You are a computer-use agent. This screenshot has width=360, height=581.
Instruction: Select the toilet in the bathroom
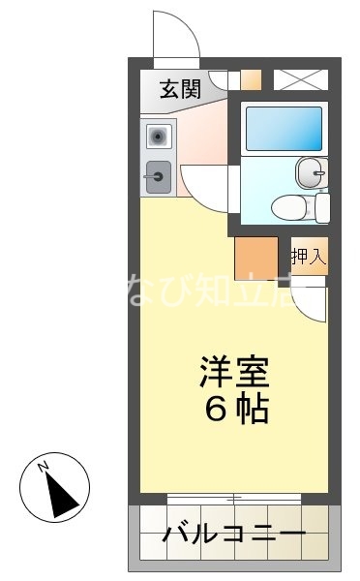[x=291, y=206]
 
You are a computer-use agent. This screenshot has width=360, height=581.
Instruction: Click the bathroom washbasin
[x=309, y=174]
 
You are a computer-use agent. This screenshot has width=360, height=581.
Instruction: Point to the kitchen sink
[x=158, y=175]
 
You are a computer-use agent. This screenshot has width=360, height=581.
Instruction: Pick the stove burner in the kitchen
[x=158, y=135]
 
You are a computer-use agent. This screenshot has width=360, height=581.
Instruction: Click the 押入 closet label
[x=309, y=257]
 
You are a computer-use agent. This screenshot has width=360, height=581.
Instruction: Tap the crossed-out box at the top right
[x=299, y=79]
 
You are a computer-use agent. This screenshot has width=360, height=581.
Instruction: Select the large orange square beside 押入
[x=256, y=258]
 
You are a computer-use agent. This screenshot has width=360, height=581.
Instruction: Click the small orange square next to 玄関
[x=251, y=79]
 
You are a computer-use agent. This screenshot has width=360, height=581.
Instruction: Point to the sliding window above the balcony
[x=233, y=499]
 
